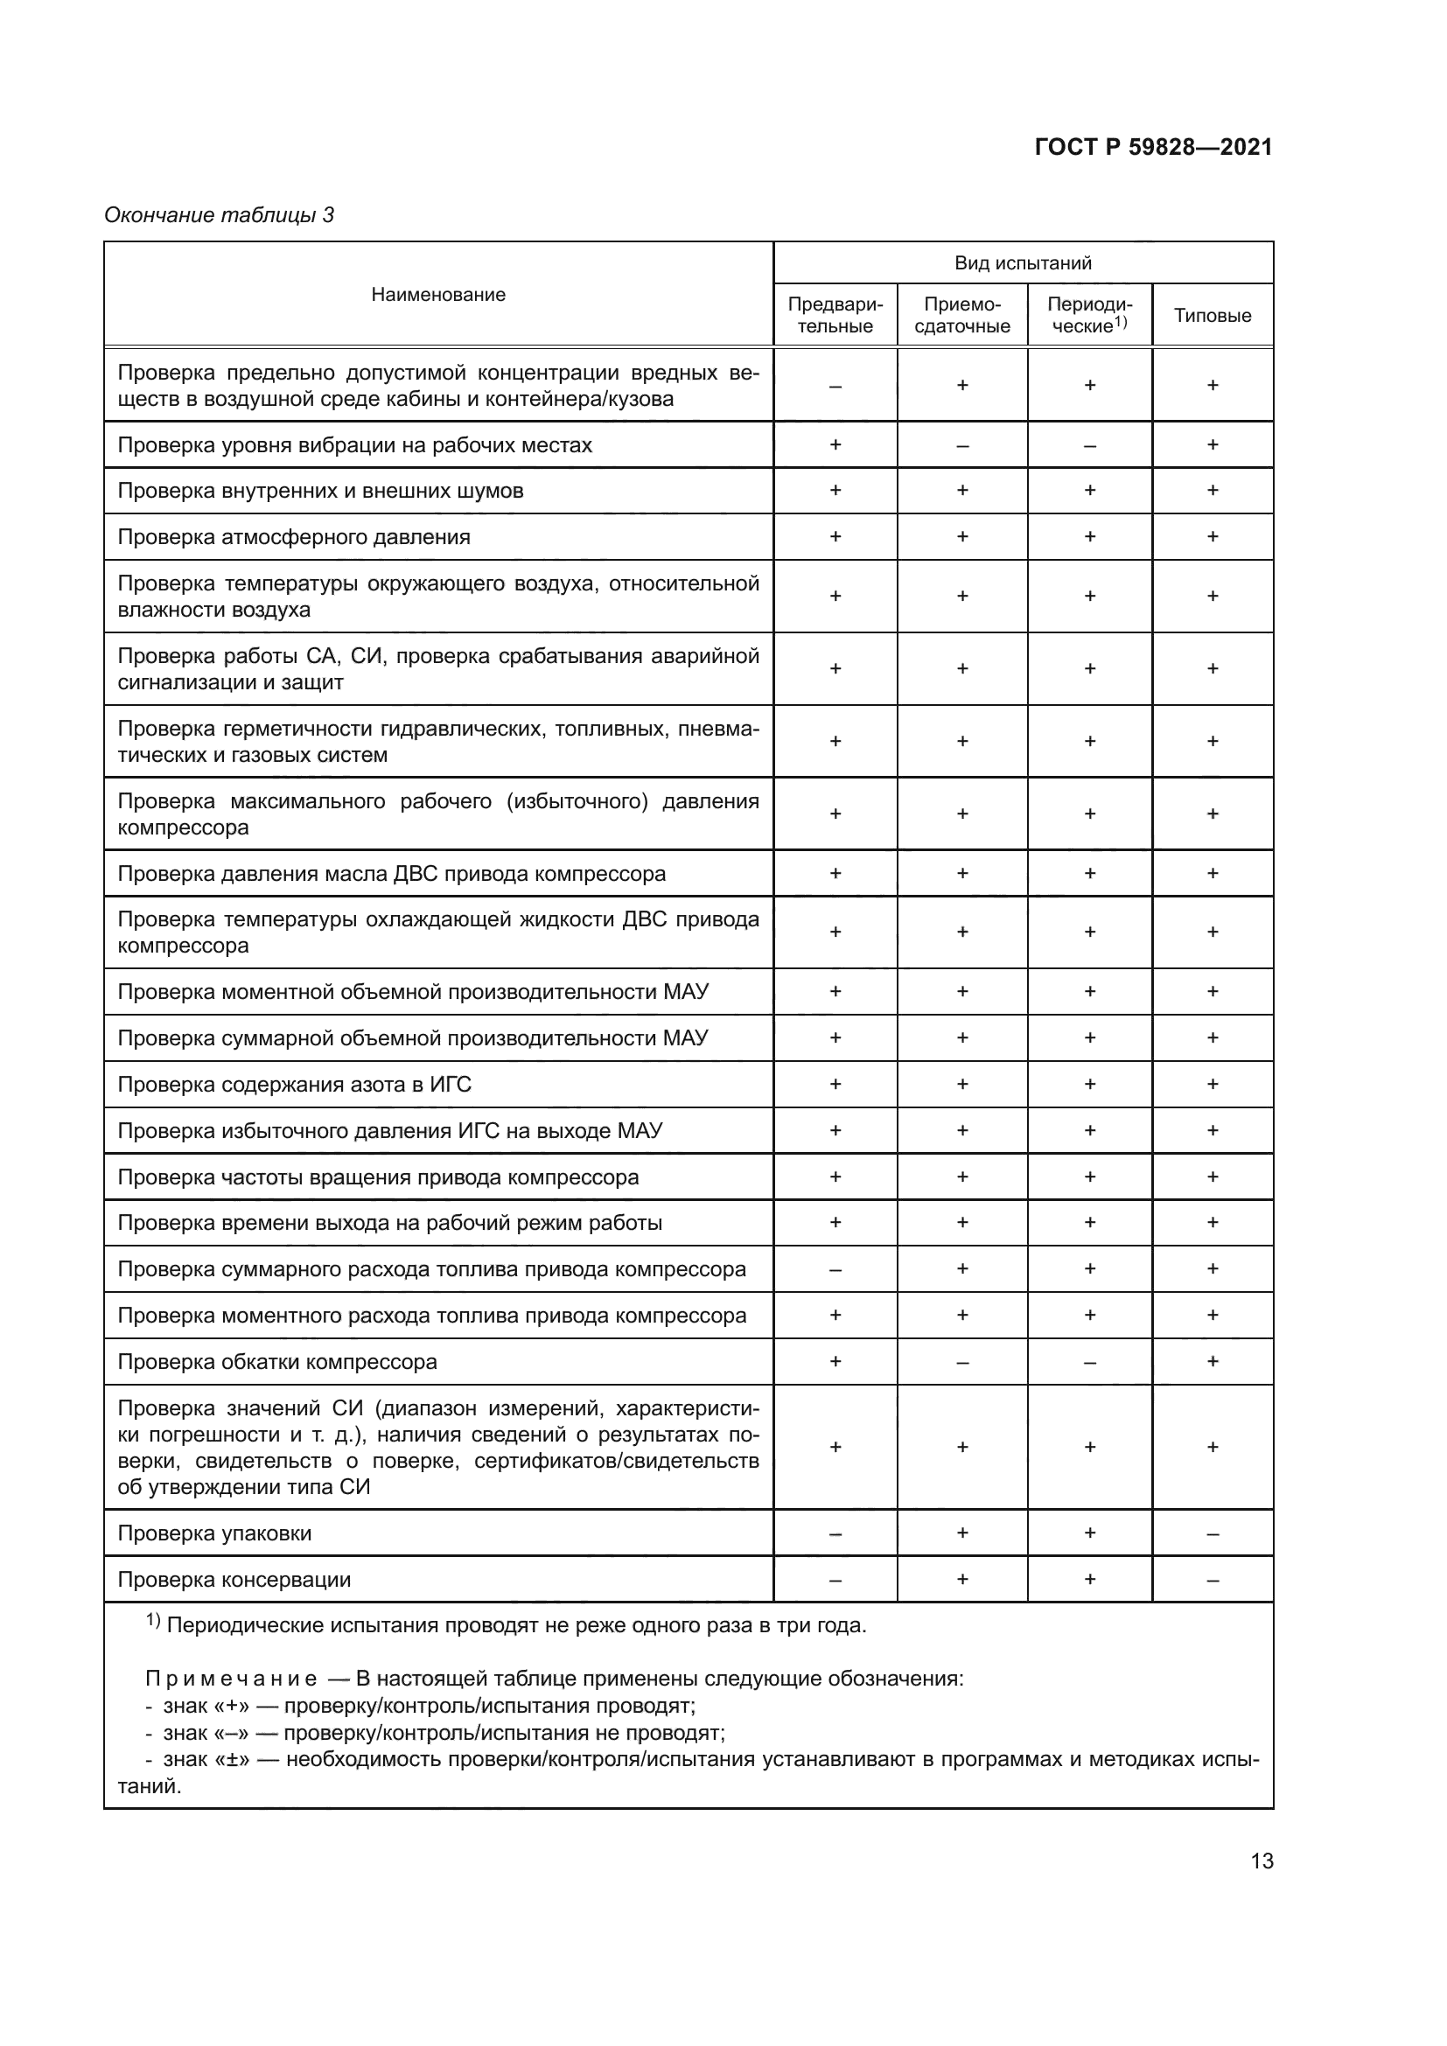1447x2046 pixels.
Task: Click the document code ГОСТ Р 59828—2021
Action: [1153, 147]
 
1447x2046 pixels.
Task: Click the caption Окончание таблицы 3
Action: [220, 215]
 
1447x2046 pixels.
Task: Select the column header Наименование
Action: [437, 295]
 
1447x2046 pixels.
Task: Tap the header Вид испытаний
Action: [1022, 263]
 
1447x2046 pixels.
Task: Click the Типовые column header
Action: [1212, 316]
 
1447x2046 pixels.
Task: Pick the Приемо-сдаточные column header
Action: [961, 316]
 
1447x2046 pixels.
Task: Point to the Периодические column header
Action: [1089, 316]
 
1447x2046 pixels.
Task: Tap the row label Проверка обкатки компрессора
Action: [277, 1362]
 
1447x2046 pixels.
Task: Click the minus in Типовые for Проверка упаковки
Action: [1212, 1534]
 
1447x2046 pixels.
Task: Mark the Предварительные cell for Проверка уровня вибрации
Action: [835, 444]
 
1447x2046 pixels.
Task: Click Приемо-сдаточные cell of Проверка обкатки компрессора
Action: [961, 1363]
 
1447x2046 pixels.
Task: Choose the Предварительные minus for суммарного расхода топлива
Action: [835, 1270]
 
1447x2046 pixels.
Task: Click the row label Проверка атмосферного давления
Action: [293, 537]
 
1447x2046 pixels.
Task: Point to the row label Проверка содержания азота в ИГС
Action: [294, 1085]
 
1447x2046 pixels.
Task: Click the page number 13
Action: [1262, 1861]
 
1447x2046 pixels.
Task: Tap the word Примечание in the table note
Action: [231, 1679]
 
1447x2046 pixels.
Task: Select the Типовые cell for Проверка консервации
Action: [1212, 1581]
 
